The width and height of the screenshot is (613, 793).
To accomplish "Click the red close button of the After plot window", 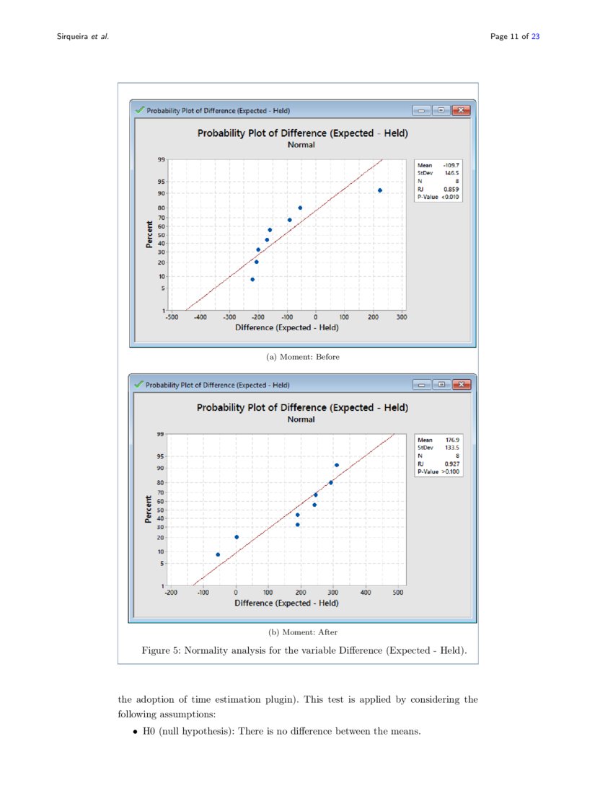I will pyautogui.click(x=461, y=384).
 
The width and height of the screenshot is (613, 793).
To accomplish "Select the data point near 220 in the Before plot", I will pyautogui.click(x=379, y=190).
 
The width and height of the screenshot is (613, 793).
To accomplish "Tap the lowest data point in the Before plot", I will pyautogui.click(x=252, y=279).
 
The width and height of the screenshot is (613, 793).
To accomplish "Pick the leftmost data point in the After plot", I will pyautogui.click(x=218, y=554).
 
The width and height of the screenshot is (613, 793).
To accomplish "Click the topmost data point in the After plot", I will pyautogui.click(x=336, y=465).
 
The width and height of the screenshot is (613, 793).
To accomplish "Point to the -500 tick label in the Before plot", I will pyautogui.click(x=172, y=316).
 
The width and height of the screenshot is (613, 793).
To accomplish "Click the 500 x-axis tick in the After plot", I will pyautogui.click(x=398, y=592).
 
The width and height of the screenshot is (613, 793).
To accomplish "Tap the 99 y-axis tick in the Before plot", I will pyautogui.click(x=162, y=160).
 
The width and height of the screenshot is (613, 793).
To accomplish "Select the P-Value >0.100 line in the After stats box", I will pyautogui.click(x=438, y=471).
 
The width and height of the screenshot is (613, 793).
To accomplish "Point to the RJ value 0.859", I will pyautogui.click(x=451, y=189).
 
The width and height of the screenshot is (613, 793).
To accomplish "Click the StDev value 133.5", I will pyautogui.click(x=451, y=448).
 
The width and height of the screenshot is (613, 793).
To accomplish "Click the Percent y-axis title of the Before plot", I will pyautogui.click(x=149, y=236).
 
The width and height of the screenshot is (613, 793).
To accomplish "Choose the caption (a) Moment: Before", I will pyautogui.click(x=303, y=356).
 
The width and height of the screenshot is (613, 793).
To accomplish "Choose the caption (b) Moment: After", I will pyautogui.click(x=303, y=632).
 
